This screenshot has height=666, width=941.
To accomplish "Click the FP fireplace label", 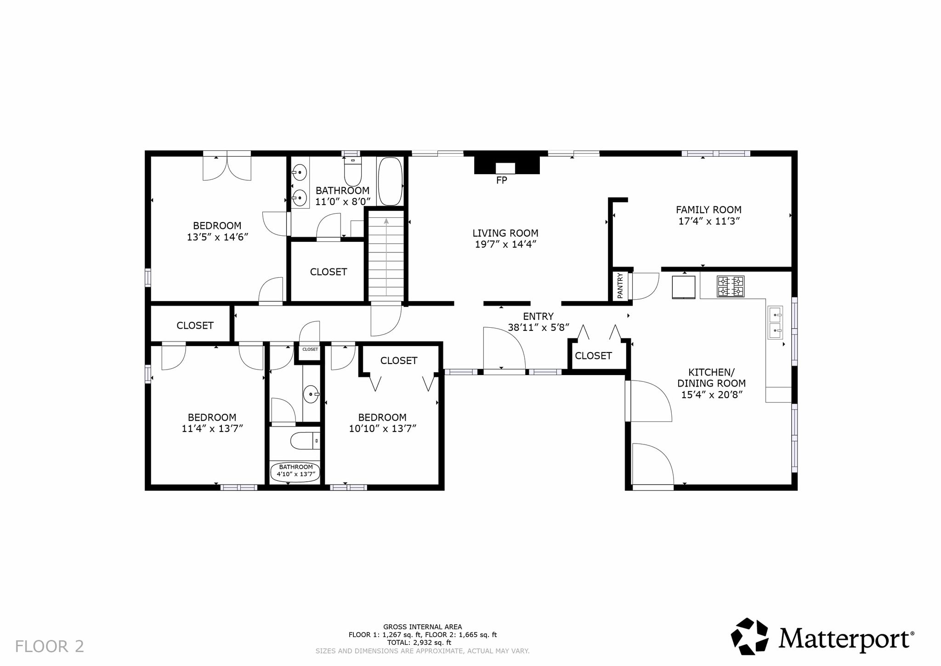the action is [x=501, y=180].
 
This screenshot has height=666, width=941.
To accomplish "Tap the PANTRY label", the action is [x=620, y=285].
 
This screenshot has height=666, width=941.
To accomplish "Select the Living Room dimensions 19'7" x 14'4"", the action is [x=505, y=245].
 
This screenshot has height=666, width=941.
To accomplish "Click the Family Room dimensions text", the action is [x=709, y=221].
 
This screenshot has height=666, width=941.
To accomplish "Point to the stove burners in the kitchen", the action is [x=730, y=286].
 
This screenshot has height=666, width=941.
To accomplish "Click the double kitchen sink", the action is [x=776, y=322].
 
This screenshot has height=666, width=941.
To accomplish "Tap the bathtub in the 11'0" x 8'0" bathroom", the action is [x=390, y=181].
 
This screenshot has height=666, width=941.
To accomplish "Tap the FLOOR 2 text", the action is [x=49, y=646].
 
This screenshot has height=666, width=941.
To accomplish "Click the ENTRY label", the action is [x=538, y=316].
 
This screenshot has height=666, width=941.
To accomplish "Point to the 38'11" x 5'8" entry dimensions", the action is [x=538, y=328].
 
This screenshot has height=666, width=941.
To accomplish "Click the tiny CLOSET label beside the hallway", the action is [x=310, y=349].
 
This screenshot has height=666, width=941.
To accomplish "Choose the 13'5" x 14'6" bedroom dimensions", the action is [x=217, y=237].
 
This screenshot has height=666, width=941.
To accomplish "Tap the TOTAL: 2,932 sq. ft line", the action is [x=419, y=643].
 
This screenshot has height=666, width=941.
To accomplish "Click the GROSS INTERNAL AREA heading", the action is [x=423, y=627].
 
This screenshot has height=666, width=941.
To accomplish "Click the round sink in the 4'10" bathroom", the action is [x=311, y=394].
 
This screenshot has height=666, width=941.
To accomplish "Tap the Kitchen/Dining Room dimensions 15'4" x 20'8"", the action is [x=712, y=395].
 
